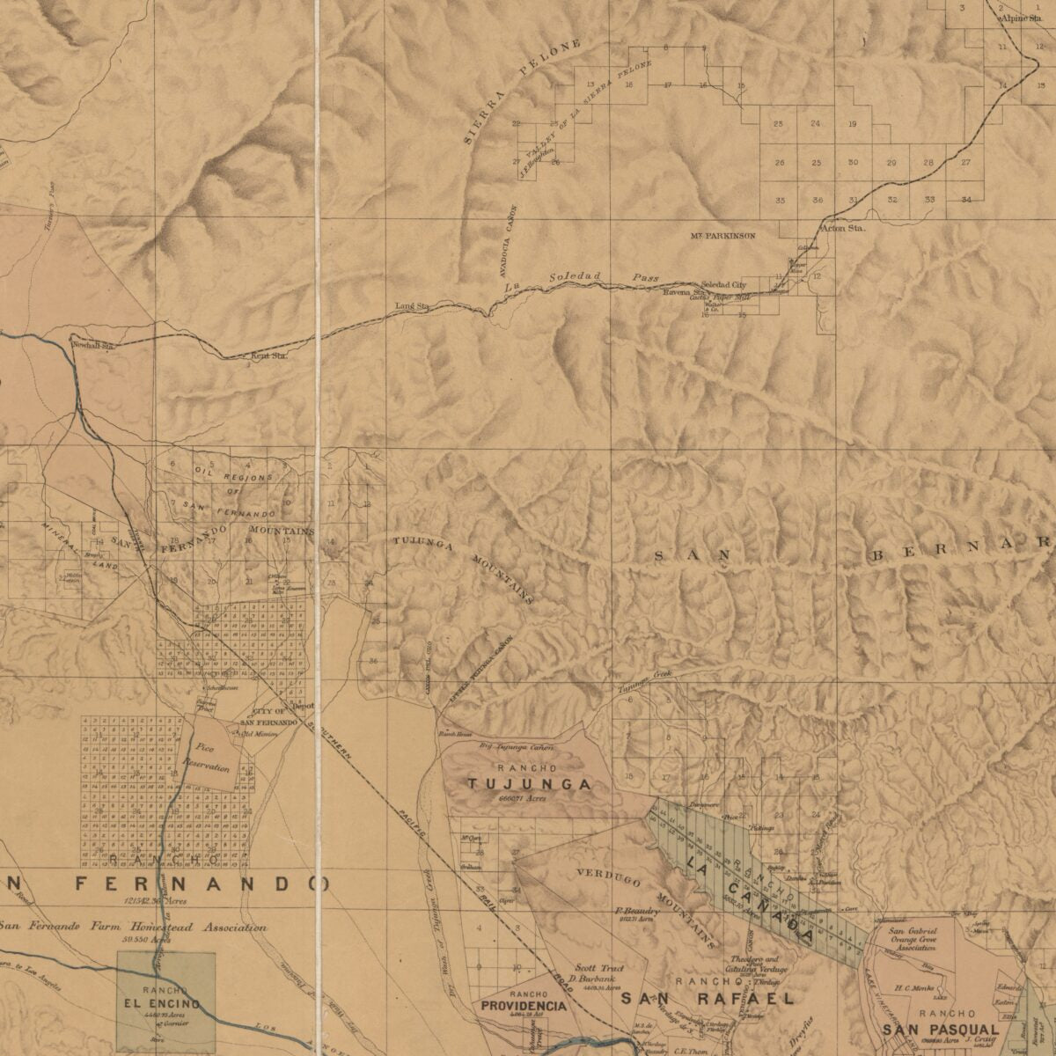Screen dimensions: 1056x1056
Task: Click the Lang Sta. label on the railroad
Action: (x=411, y=306)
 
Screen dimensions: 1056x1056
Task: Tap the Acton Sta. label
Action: (x=842, y=228)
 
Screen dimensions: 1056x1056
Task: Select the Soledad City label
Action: (x=723, y=285)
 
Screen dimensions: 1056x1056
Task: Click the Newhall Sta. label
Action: (x=94, y=346)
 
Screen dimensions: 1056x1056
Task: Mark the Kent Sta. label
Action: (x=269, y=356)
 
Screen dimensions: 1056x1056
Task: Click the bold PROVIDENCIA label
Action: (x=523, y=1005)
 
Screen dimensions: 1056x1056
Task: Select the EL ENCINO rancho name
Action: (x=162, y=1003)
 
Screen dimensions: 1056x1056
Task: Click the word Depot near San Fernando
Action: (x=303, y=705)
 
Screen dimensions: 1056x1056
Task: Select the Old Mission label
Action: (x=260, y=733)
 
